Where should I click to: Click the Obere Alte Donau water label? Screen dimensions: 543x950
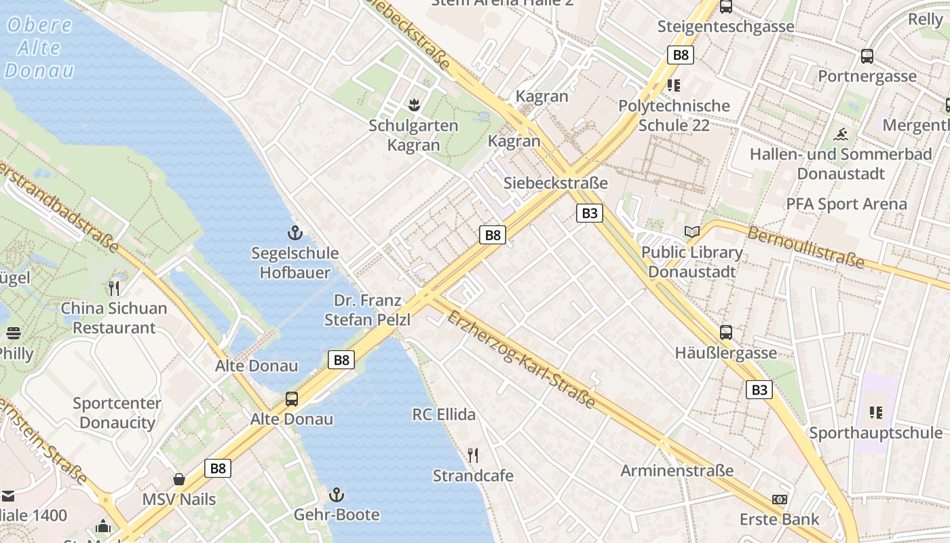[x=39, y=48]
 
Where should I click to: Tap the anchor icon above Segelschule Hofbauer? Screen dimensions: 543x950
[x=294, y=233]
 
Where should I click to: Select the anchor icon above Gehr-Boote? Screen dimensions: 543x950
[x=337, y=495]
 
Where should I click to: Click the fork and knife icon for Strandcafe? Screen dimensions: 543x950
[x=473, y=455]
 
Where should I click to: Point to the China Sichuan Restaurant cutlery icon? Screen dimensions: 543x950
[x=114, y=288]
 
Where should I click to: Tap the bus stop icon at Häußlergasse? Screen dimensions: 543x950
[x=726, y=333]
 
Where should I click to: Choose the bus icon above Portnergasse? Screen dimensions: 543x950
[x=867, y=56]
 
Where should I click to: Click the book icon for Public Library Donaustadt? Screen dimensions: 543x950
[x=691, y=232]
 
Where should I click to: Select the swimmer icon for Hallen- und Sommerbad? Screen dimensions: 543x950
[x=841, y=134]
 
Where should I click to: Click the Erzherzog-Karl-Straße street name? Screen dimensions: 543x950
[x=521, y=360]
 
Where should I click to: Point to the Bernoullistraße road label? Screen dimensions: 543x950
[x=806, y=247]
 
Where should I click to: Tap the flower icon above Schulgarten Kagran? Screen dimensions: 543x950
[x=413, y=105]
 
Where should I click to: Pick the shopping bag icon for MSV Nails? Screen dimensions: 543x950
[x=179, y=479]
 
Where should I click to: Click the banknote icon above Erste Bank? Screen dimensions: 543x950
[x=779, y=500]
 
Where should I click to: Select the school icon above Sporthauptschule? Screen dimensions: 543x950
[x=876, y=412]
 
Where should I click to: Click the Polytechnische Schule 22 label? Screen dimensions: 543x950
[x=674, y=115]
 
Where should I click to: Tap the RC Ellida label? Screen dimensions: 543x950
[x=444, y=414]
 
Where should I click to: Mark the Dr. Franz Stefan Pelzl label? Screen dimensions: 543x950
[x=367, y=310]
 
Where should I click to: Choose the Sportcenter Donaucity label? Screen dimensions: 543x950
[x=117, y=413]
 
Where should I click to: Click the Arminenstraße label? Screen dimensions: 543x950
[x=677, y=470]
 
